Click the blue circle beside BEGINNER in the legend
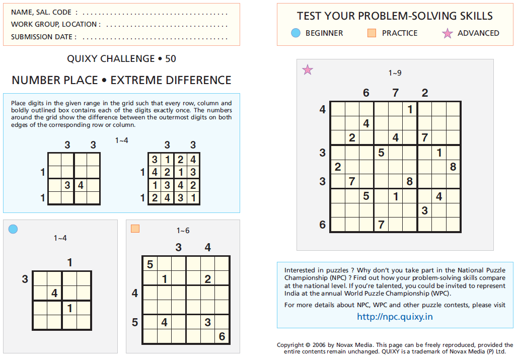click(296, 33)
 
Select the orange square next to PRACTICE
click(372, 33)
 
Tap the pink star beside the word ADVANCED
click(447, 34)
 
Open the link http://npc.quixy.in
click(395, 317)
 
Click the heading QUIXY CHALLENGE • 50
click(121, 59)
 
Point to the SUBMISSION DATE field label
click(43, 37)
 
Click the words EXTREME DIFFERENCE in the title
click(171, 80)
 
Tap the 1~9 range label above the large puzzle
click(395, 73)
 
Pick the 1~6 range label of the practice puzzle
click(183, 231)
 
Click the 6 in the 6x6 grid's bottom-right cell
click(222, 336)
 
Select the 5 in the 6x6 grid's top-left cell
click(150, 264)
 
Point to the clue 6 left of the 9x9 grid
click(323, 225)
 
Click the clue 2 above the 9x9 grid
click(425, 93)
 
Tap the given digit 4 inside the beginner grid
click(54, 293)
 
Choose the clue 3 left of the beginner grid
click(25, 278)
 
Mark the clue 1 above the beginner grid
click(69, 262)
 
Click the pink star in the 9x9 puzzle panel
click(307, 70)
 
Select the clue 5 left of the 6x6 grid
click(134, 322)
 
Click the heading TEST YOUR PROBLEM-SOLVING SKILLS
click(395, 16)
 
